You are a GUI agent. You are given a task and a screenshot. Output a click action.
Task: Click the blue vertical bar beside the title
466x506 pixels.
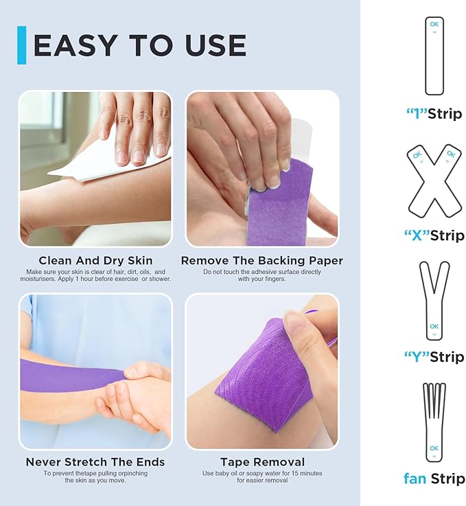(22, 45)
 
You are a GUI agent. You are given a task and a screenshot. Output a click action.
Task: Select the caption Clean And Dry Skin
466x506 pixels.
(95, 261)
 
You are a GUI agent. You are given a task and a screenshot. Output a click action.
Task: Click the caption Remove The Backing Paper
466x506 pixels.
(261, 261)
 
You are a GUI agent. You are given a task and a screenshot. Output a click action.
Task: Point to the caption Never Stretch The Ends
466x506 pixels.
(95, 462)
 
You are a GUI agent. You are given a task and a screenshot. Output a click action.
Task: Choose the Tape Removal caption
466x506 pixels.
(262, 462)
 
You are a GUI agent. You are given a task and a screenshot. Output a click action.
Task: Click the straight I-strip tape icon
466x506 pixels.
(434, 56)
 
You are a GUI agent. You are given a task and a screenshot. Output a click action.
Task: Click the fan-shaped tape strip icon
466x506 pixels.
(433, 422)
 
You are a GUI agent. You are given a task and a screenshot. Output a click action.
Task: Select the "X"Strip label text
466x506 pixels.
(434, 236)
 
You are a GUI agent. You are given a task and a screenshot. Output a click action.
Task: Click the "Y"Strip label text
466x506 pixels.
(434, 357)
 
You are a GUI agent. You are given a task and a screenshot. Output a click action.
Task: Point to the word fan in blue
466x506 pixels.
(415, 479)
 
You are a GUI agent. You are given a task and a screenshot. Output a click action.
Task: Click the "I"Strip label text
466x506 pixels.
(434, 114)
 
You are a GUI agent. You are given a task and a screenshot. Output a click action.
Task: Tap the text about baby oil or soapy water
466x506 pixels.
(262, 476)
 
